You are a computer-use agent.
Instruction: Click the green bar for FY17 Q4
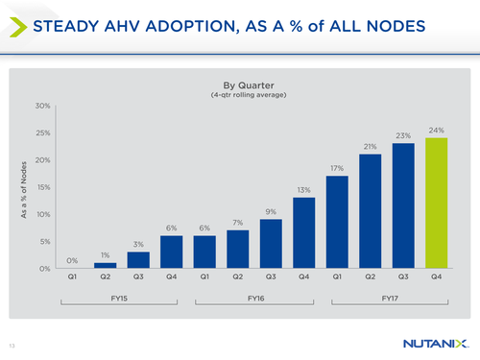click(435, 203)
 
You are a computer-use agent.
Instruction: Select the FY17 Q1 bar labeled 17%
click(336, 222)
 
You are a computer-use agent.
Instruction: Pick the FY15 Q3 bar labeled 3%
click(138, 260)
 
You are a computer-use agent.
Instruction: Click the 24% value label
click(435, 129)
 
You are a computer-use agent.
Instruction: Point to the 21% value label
click(369, 146)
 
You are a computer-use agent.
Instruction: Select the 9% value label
click(270, 211)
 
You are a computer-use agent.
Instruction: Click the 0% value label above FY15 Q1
click(72, 260)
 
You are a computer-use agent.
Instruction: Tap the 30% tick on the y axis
click(42, 105)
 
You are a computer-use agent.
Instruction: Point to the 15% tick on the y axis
click(42, 187)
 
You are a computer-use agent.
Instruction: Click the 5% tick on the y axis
click(44, 242)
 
